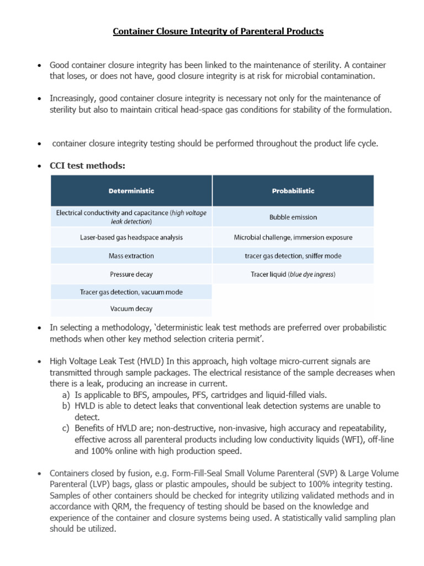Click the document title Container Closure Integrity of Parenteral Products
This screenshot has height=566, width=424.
pos(218,32)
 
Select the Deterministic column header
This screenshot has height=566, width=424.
pos(131,191)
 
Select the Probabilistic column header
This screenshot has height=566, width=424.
pos(293,191)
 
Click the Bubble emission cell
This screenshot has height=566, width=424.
pos(293,217)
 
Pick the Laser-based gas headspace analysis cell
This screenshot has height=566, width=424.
pos(131,237)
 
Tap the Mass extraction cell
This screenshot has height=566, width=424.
pos(131,256)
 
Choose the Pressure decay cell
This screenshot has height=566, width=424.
pos(131,274)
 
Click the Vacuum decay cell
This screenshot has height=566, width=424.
pos(131,308)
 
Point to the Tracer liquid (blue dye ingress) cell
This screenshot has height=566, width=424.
pos(293,274)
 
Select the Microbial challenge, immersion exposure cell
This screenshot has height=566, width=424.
pos(293,237)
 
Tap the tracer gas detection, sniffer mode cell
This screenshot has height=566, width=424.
pos(293,256)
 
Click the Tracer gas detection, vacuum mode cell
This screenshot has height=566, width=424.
pos(131,291)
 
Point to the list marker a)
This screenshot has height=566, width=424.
pos(66,395)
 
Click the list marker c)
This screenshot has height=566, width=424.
pos(66,428)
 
